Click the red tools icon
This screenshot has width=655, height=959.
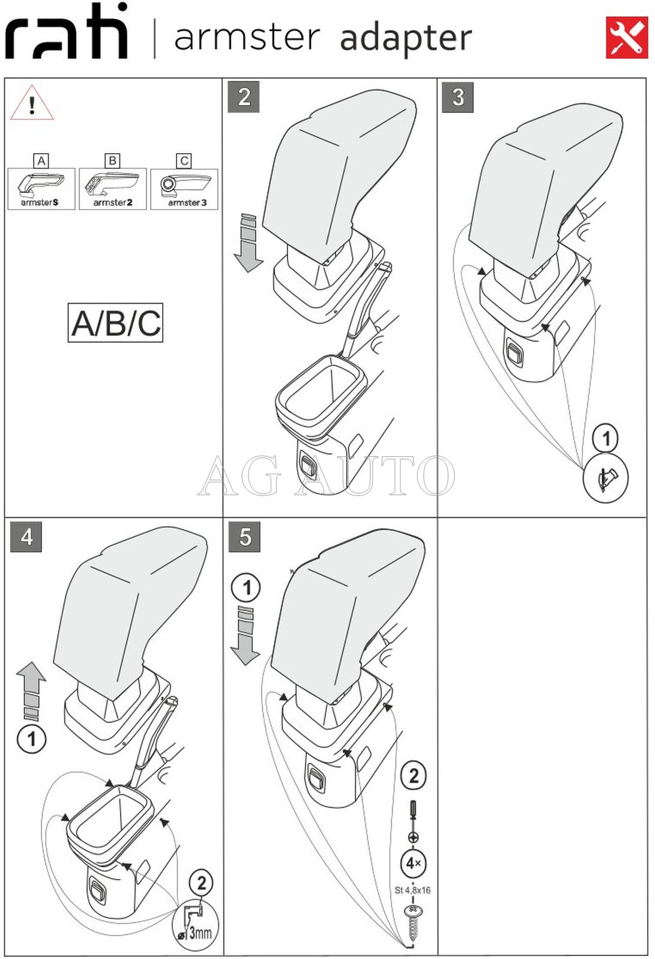tap(626, 37)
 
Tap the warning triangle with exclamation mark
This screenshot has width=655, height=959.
tap(32, 104)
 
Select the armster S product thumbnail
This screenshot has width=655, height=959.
tap(41, 189)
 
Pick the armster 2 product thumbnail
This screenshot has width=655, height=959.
tap(113, 189)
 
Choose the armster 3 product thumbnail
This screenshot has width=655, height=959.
tap(184, 189)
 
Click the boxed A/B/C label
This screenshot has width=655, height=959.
tap(116, 323)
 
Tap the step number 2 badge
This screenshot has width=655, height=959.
tap(244, 97)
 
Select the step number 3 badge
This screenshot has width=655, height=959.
tap(458, 97)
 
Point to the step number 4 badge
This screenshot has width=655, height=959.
tap(26, 536)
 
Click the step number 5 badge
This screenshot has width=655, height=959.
tap(244, 536)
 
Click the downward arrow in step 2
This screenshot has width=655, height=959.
tap(249, 243)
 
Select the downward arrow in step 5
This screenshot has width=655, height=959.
tap(246, 636)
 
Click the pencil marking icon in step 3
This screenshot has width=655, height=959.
tap(606, 479)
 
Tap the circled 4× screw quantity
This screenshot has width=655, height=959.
tap(412, 864)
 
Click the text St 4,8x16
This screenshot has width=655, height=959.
tap(412, 891)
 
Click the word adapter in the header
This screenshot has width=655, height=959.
tap(406, 40)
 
